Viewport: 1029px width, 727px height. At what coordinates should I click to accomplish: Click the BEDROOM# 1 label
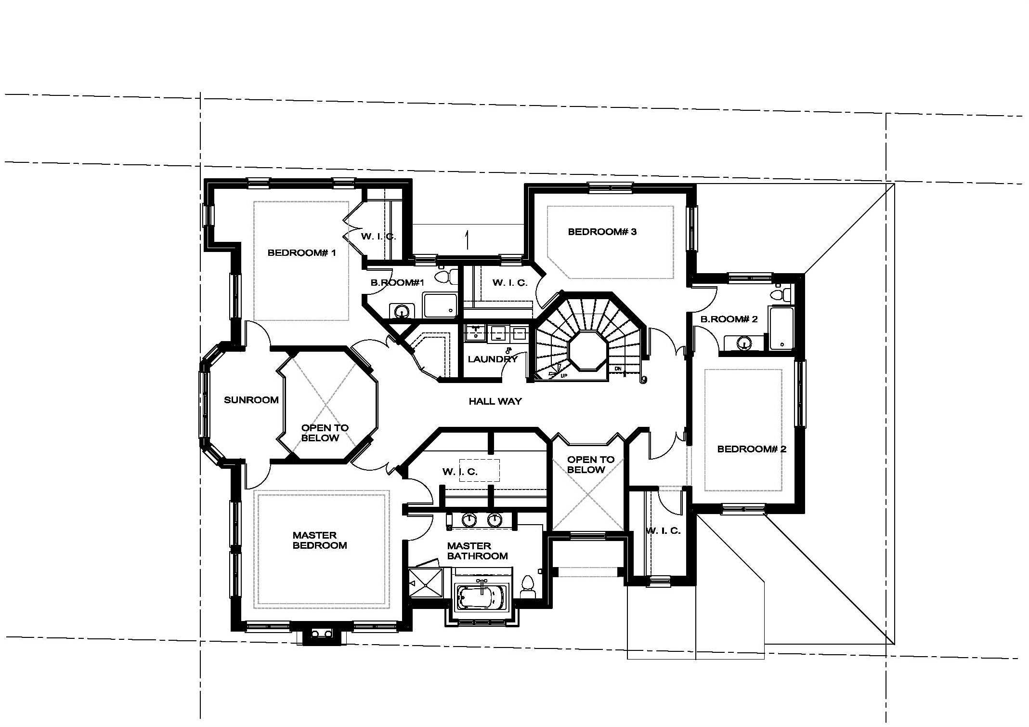[x=301, y=252]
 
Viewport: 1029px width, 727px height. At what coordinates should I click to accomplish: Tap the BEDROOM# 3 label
[x=602, y=232]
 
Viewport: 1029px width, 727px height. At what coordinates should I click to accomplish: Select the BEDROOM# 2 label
[x=752, y=449]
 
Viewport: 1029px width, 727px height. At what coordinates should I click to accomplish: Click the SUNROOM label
[x=251, y=400]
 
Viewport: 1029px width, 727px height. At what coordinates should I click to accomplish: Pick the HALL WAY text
[x=495, y=401]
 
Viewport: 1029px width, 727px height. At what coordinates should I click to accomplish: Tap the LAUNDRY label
[x=493, y=359]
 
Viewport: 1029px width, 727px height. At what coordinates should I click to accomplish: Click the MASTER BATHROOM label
[x=477, y=551]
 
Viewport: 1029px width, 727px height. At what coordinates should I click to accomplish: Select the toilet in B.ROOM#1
[x=446, y=277]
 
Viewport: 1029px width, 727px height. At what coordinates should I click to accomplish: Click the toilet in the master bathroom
[x=528, y=586]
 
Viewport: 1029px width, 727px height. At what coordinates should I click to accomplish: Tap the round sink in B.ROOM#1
[x=401, y=311]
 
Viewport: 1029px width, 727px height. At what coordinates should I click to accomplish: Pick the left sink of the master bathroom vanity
[x=469, y=519]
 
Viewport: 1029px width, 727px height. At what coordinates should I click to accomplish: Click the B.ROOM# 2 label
[x=729, y=319]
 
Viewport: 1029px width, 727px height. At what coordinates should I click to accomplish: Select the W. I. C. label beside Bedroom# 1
[x=378, y=237]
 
